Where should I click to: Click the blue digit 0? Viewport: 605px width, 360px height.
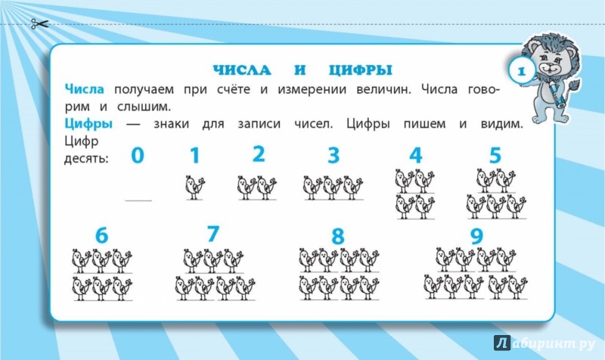[138, 156]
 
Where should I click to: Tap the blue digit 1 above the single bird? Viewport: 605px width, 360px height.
[195, 156]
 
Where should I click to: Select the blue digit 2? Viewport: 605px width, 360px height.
[259, 154]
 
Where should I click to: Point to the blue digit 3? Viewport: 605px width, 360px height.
[334, 156]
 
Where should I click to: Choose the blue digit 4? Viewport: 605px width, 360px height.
[415, 156]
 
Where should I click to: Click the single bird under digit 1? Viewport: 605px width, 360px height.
[195, 188]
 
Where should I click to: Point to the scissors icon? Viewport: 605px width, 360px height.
[40, 24]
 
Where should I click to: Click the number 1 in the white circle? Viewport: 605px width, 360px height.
[521, 71]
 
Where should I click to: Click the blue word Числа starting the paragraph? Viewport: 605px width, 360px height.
[85, 89]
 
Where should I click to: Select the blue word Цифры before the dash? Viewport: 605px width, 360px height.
[88, 124]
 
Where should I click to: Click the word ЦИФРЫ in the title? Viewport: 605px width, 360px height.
[361, 70]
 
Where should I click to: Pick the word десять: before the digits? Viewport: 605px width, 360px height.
[86, 159]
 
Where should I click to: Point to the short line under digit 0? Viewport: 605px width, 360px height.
[138, 200]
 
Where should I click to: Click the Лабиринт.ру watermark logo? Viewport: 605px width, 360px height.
[544, 343]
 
